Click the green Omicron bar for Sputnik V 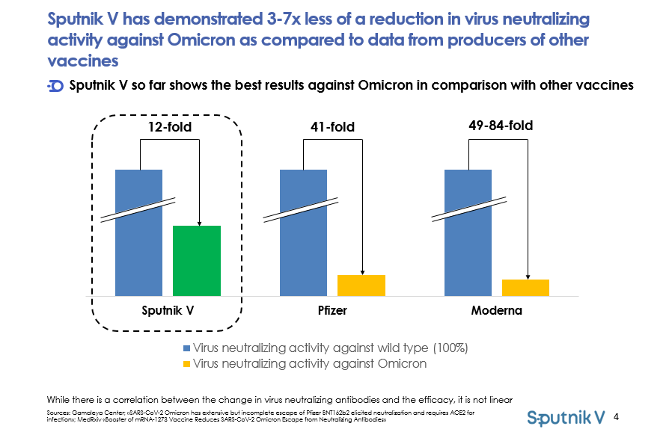197,260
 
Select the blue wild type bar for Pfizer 303,232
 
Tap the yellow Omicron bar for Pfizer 361,285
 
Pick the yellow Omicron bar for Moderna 525,287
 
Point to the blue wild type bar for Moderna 468,232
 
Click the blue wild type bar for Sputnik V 138,232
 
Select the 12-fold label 169,128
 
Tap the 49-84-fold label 501,126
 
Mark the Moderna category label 496,310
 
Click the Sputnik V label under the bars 168,310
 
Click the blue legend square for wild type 186,348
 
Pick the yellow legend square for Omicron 186,364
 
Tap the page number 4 616,416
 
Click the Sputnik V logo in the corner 566,417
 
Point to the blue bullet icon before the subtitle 55,86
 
